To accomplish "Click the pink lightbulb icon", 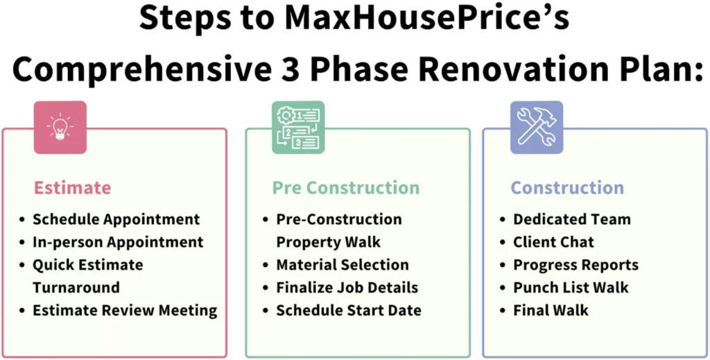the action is click(x=60, y=127).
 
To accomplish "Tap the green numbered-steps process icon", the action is click(x=298, y=127).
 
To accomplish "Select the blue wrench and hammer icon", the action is click(x=537, y=127).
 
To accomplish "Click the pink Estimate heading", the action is click(x=72, y=188).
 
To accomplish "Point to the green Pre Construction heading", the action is click(x=346, y=188).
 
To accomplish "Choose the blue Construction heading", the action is click(x=567, y=188).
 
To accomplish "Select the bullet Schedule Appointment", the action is click(x=116, y=220).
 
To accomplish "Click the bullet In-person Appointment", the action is click(x=118, y=242).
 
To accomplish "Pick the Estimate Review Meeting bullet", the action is click(x=125, y=311).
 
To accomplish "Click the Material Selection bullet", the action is click(x=343, y=265).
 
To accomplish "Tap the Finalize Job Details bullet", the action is click(x=347, y=288).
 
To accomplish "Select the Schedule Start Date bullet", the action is click(x=349, y=311).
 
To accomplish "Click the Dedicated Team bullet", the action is click(x=572, y=220).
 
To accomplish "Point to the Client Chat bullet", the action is click(x=553, y=242).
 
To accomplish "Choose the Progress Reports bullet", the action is click(x=576, y=265).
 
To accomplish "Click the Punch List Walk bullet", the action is click(x=571, y=288).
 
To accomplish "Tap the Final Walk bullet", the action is click(x=551, y=311).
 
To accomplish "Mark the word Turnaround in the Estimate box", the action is click(x=76, y=288).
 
